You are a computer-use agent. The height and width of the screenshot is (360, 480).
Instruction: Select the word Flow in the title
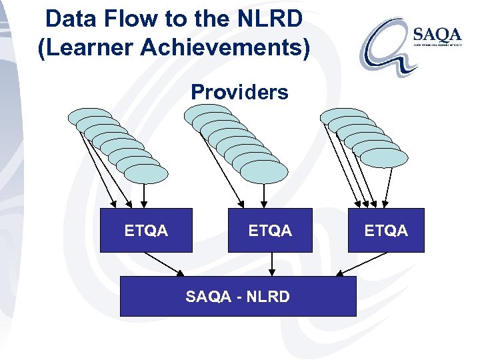point(131,19)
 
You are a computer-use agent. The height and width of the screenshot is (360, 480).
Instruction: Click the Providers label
point(239,92)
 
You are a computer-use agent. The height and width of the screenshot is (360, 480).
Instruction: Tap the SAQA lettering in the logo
point(437,34)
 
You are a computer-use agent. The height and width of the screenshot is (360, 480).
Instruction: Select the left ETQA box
point(146,231)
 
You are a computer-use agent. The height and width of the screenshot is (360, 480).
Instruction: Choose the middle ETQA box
point(270,231)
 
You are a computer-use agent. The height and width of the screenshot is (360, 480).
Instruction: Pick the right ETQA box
point(386,231)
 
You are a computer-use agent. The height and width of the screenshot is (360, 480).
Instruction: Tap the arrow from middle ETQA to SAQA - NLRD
point(271,264)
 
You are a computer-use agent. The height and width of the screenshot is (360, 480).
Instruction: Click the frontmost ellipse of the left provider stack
point(146,173)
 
